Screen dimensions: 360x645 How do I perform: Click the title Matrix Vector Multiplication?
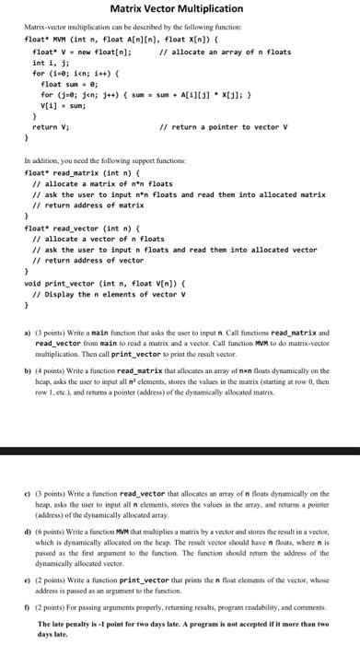coord(180,8)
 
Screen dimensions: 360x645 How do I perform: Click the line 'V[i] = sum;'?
coord(64,106)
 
